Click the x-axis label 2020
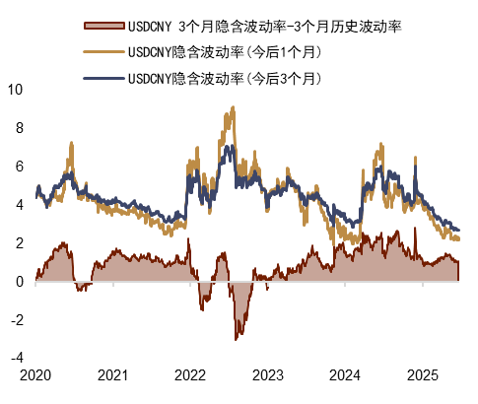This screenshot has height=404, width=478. point(35,375)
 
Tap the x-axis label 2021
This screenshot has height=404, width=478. point(112,375)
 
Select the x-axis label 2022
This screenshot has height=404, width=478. point(190,375)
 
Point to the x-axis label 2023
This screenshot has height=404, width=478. point(267,375)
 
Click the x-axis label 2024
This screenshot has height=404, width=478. point(344,375)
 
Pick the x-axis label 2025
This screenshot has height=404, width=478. point(421,375)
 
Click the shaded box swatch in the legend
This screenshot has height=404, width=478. point(102,23)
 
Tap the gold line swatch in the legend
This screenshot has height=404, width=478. point(102,50)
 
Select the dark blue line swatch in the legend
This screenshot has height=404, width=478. point(102,77)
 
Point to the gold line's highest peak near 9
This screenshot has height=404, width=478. point(232,109)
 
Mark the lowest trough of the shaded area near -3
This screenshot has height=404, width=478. point(236,340)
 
